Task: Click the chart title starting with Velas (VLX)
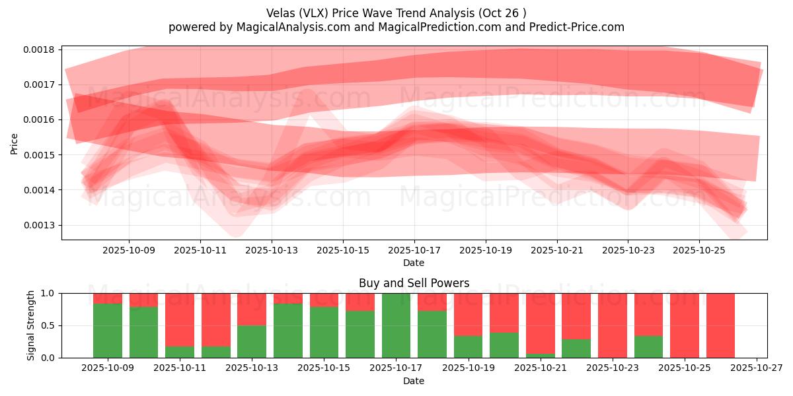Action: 396,13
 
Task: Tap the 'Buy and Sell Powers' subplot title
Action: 414,283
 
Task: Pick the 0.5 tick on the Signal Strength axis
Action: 50,325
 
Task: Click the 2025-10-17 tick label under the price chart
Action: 414,251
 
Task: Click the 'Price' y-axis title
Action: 15,143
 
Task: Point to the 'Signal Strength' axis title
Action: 30,325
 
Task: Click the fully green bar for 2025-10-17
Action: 396,325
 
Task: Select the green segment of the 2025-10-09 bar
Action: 108,331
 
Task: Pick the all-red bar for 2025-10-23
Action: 612,325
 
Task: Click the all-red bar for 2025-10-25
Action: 684,325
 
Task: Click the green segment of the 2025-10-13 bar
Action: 252,341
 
